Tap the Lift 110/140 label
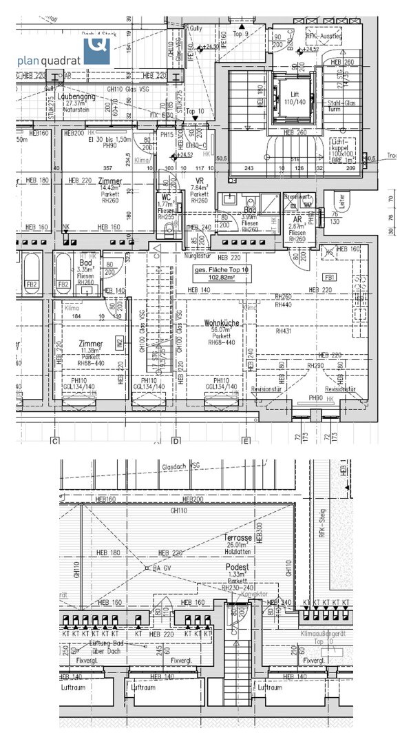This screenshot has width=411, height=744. click(x=294, y=96)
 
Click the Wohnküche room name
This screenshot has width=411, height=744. click(x=220, y=323)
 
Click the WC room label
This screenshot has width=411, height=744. click(x=165, y=196)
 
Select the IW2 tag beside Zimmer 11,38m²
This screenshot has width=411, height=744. click(x=118, y=340)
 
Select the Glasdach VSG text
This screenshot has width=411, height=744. click(x=181, y=466)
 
